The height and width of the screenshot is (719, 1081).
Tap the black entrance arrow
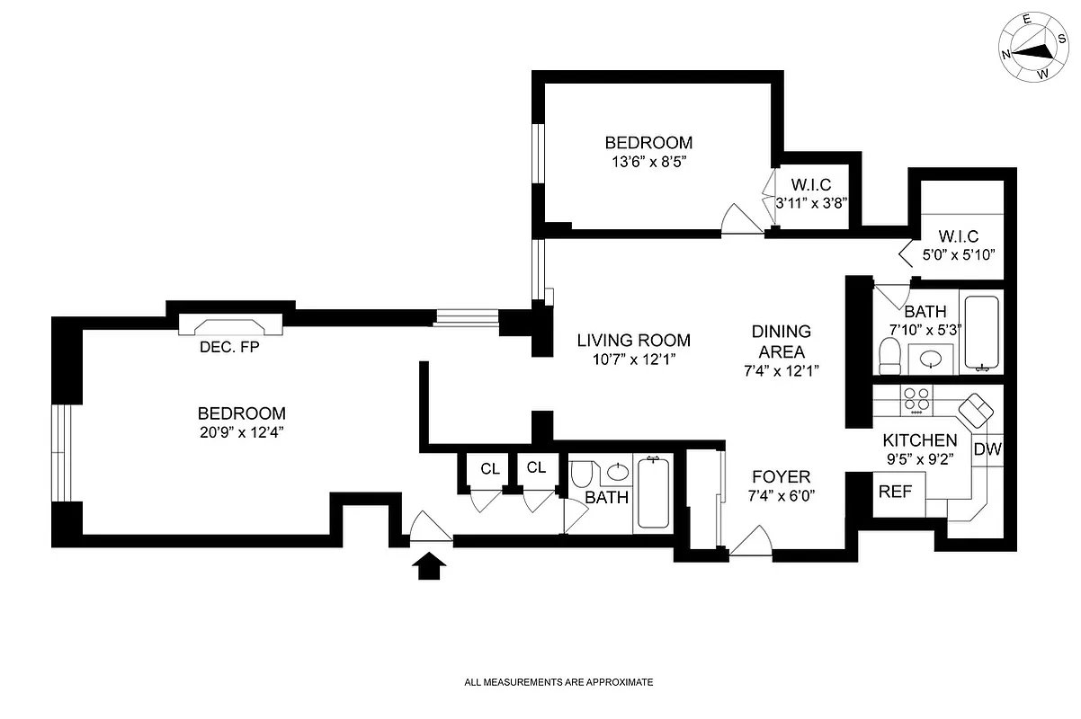(x=431, y=566)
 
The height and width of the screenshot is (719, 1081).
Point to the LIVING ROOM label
(x=633, y=341)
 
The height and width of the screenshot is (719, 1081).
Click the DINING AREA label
(x=781, y=342)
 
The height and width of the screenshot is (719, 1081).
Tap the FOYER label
(x=781, y=476)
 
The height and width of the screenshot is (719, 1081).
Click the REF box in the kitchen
(x=896, y=493)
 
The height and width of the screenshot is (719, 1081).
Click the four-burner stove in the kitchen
(x=916, y=398)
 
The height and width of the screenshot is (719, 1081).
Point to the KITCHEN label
(x=919, y=440)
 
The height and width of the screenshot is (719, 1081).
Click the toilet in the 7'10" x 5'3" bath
(x=889, y=356)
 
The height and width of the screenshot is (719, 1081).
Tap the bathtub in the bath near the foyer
(x=652, y=493)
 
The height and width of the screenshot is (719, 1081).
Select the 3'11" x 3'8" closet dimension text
(x=812, y=204)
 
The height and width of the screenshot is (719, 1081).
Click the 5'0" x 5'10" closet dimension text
(x=959, y=255)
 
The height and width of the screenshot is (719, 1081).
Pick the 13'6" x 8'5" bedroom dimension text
(x=648, y=163)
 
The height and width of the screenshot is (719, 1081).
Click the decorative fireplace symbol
(x=228, y=325)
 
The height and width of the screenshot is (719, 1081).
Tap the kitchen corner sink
(x=975, y=411)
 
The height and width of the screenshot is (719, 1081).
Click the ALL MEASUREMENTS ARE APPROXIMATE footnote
(x=558, y=682)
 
